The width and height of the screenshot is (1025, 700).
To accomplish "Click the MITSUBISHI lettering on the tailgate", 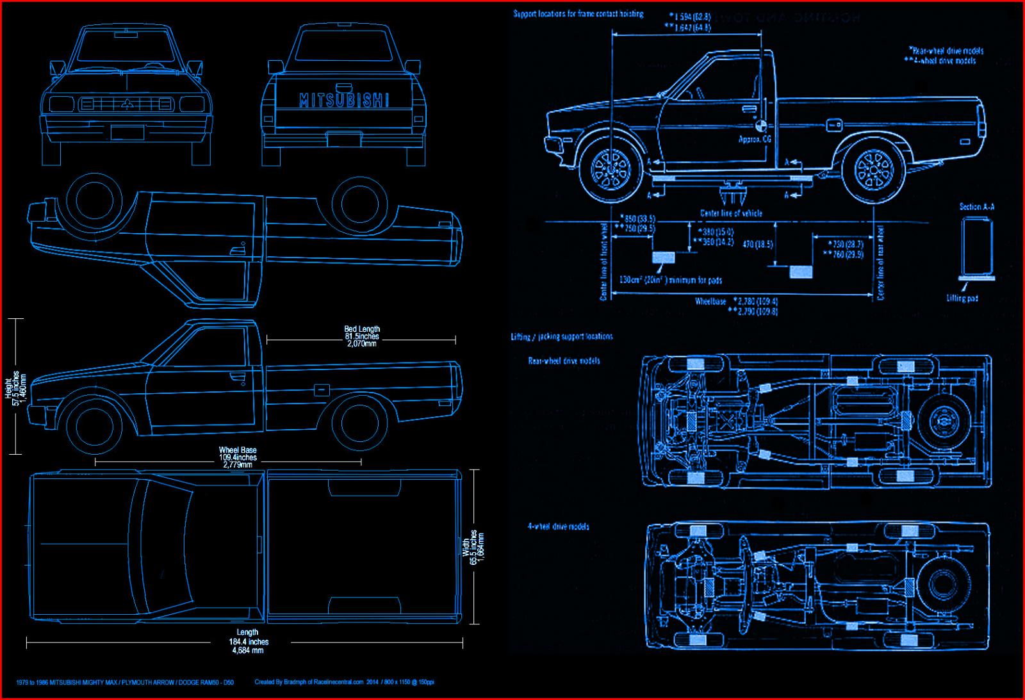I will coord(343,100).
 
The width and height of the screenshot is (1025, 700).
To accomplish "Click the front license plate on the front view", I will coord(127,133).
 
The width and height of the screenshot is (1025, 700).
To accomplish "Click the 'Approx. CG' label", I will coord(755,139).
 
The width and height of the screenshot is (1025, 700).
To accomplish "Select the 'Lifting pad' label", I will coord(962,298).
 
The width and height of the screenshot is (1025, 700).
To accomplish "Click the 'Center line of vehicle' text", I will coord(731,213).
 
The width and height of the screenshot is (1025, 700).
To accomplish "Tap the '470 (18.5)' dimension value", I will coord(758,244).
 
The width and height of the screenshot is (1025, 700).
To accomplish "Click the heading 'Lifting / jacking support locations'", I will coord(561,336).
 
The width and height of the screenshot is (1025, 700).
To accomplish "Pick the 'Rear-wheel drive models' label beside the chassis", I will coord(564,361).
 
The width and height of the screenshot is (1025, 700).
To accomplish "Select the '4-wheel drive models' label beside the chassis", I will coord(558,526).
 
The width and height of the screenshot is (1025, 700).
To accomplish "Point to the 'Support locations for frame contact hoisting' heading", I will coord(578,13).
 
